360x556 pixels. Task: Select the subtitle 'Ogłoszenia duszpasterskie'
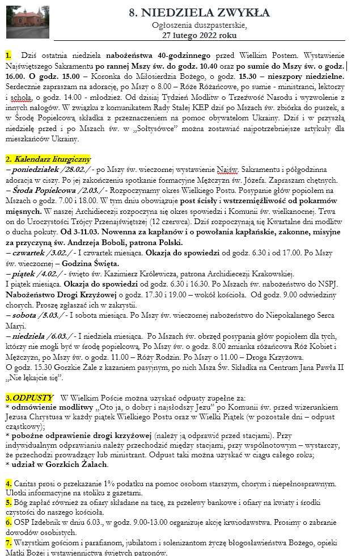pos(196,25)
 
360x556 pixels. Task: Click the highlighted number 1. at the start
pos(9,55)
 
